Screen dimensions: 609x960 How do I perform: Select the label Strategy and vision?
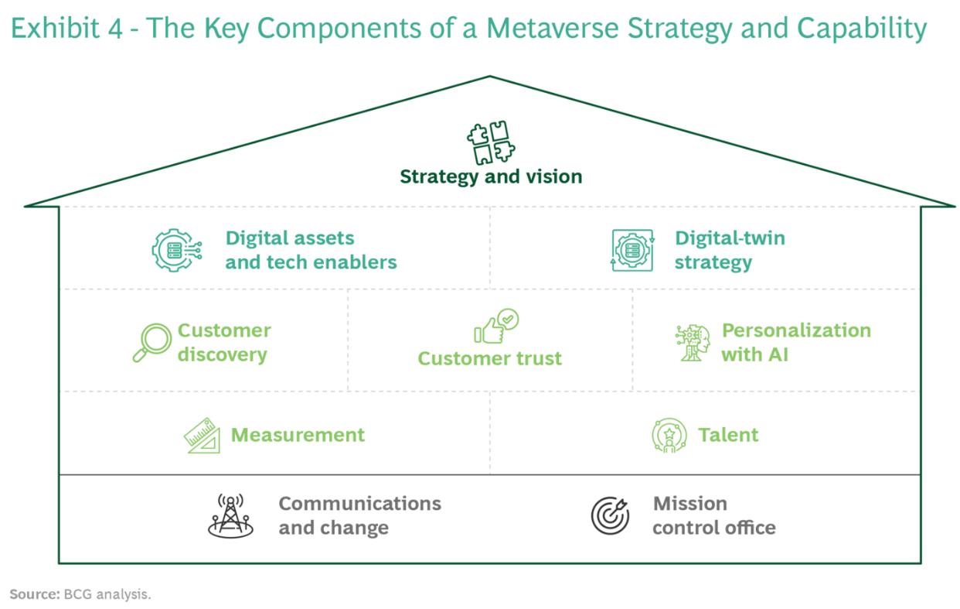(491, 177)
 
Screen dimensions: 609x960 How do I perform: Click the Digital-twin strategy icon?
(633, 250)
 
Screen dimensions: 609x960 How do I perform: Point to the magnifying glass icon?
(151, 343)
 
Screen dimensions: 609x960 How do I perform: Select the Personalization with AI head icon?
(693, 343)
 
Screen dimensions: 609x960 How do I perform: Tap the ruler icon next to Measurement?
(203, 436)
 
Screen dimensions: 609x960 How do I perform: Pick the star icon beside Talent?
(669, 436)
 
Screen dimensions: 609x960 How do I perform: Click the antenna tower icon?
(230, 515)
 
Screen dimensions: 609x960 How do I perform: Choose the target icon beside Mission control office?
(611, 515)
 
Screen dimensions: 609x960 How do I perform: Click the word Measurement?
(298, 435)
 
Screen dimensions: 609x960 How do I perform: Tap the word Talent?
(728, 435)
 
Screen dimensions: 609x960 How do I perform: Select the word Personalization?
(796, 330)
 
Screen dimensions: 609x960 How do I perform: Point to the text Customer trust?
(490, 358)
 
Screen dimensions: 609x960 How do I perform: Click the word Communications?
(359, 504)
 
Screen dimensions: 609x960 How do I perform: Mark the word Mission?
(689, 504)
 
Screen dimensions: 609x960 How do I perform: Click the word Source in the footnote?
(33, 594)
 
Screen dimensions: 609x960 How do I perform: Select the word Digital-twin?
(730, 238)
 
